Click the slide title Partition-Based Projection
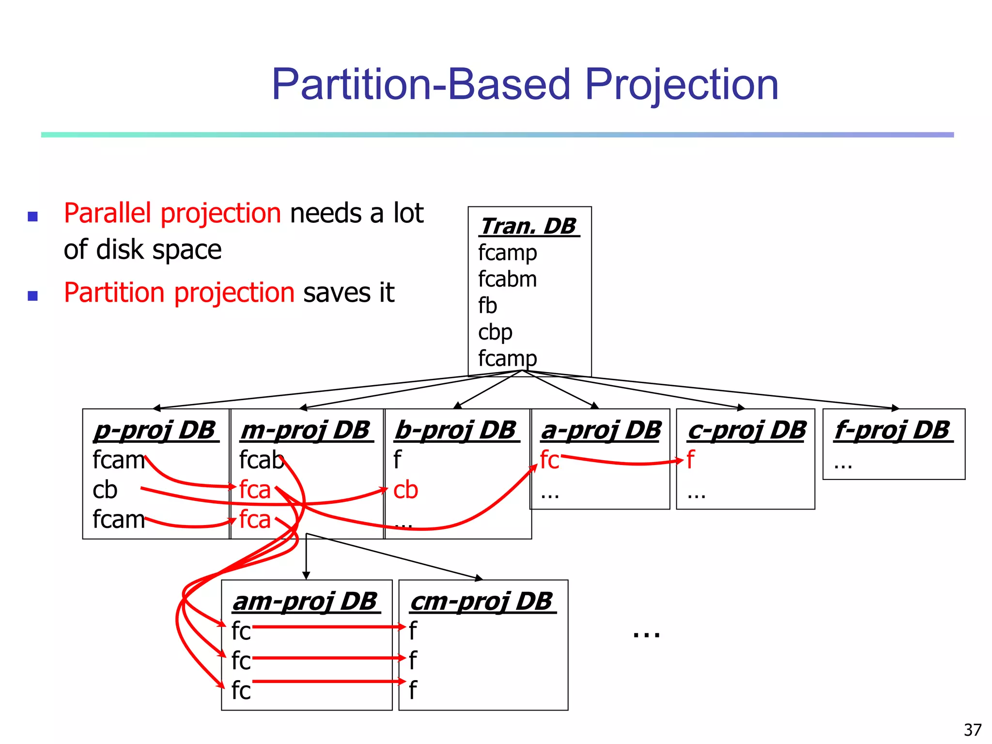coord(525,85)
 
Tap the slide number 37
coord(973,729)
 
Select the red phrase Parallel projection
coord(172,214)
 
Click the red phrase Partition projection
coord(179,293)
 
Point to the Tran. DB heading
coord(528,226)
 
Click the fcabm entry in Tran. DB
coord(507,279)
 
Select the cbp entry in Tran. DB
coord(495,333)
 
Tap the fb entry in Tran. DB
coord(487,306)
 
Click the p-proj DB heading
coord(155,430)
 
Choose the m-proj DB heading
coord(306,430)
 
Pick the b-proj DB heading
coord(456,430)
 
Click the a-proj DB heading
coord(601,430)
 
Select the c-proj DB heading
coord(746,430)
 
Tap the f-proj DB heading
coord(892,430)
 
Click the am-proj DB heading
coord(305,601)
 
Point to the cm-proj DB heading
coord(481,601)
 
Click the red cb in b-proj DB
coord(405,490)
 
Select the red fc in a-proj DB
coord(549,460)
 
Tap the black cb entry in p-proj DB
coord(105,490)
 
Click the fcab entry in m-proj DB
coord(261,460)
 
